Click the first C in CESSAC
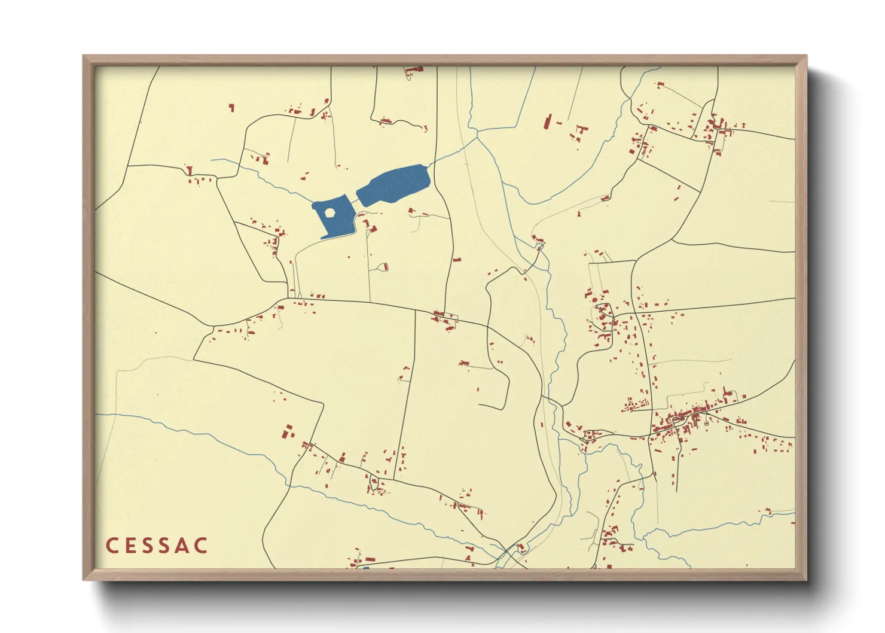click(111, 546)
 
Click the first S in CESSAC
click(148, 546)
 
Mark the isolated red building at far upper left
click(231, 108)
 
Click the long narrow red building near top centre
click(547, 121)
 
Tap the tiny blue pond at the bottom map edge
click(365, 567)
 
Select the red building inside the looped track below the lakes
click(386, 267)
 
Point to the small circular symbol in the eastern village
click(707, 422)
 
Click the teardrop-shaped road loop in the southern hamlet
click(374, 483)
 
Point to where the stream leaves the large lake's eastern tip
click(428, 165)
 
